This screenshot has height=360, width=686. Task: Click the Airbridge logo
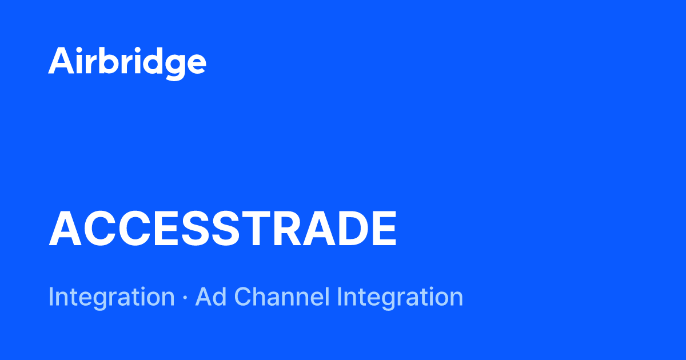coord(127,62)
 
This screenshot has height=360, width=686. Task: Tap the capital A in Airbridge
coord(60,61)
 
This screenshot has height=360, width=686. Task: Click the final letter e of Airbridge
coord(195,63)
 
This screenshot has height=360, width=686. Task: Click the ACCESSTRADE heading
coord(222,229)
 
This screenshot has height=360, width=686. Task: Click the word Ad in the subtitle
coord(208,297)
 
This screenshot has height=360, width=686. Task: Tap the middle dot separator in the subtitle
coord(185,298)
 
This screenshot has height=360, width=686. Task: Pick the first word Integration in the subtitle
coord(111,297)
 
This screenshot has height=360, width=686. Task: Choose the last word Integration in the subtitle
coord(400,297)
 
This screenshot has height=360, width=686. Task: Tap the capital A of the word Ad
coord(202,297)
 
